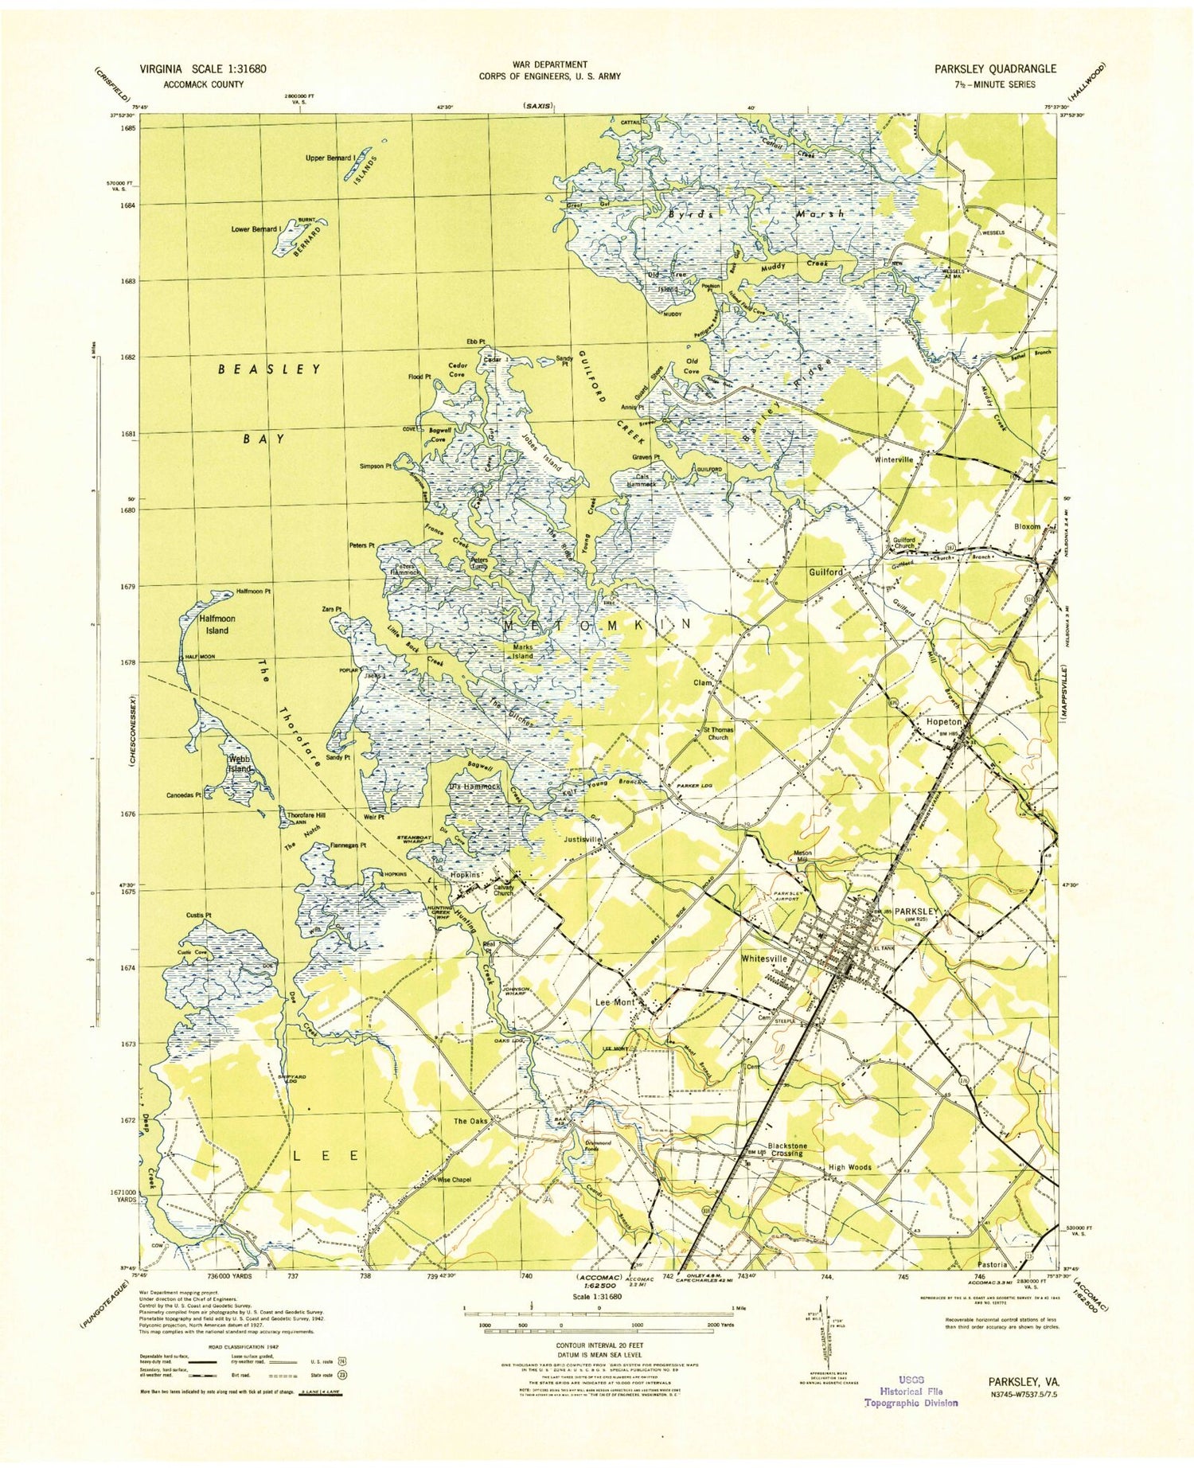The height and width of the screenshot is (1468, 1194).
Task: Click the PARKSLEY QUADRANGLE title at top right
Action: pyautogui.click(x=995, y=68)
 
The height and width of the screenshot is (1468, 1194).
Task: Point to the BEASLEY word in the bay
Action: pyautogui.click(x=270, y=369)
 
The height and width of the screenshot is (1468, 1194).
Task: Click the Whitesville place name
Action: pyautogui.click(x=764, y=959)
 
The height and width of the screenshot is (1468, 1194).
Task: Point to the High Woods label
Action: pyautogui.click(x=850, y=1167)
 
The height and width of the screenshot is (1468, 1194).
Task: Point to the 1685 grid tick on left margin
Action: pyautogui.click(x=128, y=127)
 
